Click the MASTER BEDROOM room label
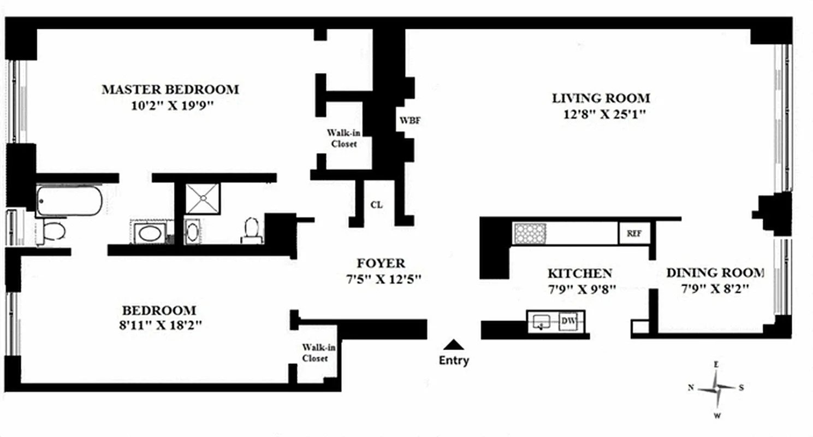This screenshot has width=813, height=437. [170, 90]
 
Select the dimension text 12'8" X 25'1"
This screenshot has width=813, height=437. [600, 115]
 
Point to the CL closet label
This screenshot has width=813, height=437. [376, 205]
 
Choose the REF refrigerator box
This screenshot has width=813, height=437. [633, 233]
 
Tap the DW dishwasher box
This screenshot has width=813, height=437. [568, 321]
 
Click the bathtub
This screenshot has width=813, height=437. [69, 201]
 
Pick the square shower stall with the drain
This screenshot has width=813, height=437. [202, 198]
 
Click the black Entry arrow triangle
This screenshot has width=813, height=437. [453, 345]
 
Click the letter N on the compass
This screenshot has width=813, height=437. [691, 388]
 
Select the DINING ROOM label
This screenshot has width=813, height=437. [715, 273]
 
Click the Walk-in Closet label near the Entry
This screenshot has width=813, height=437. [315, 353]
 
